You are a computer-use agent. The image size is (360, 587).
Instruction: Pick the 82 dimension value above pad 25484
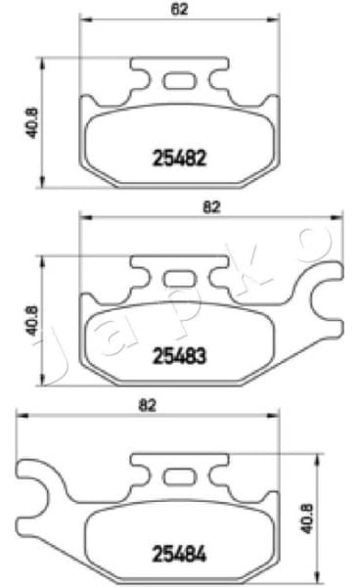(x=148, y=404)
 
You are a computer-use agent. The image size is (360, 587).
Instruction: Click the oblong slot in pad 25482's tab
(x=177, y=81)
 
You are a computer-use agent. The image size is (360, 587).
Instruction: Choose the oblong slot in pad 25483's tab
(x=177, y=280)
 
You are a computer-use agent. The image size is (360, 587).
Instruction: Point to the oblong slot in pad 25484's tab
(x=177, y=476)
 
